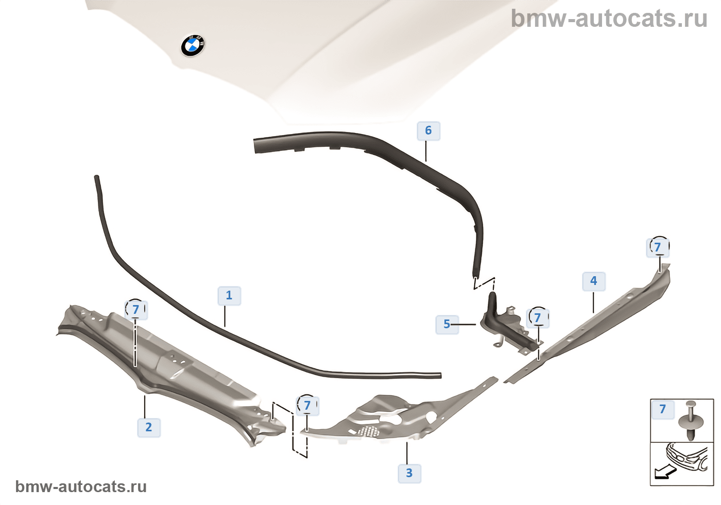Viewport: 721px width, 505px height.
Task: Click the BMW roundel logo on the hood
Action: (193, 45)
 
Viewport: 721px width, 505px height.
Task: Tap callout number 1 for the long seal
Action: (229, 296)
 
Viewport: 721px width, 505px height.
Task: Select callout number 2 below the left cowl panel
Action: (149, 427)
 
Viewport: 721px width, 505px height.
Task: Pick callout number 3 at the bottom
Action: (409, 473)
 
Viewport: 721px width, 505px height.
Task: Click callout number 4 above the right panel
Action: (594, 281)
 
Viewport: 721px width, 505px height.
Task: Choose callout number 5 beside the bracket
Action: (447, 324)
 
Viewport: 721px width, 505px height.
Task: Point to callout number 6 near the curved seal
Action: (428, 130)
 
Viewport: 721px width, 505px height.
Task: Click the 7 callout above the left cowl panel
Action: (136, 310)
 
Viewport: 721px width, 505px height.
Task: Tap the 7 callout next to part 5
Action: (538, 318)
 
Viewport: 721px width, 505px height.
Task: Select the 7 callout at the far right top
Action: (658, 247)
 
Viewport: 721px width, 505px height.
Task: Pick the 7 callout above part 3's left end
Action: (307, 406)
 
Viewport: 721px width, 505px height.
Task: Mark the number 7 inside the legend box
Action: (663, 409)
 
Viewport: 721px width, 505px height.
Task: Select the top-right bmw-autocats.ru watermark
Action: (609, 19)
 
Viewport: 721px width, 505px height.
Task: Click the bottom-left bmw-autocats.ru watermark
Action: (81, 486)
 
